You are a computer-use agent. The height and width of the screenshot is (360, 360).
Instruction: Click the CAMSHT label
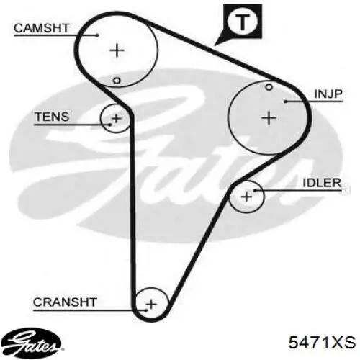(x=42, y=28)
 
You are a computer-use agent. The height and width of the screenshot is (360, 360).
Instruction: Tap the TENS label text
(x=52, y=117)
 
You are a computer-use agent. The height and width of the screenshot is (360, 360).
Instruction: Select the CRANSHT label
(x=65, y=302)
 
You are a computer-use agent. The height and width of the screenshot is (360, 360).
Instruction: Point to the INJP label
(x=328, y=94)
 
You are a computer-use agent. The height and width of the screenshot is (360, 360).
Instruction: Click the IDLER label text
(x=322, y=183)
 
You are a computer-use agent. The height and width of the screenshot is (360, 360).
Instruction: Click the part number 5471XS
(x=322, y=342)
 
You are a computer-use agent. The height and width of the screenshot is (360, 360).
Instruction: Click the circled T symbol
(x=243, y=22)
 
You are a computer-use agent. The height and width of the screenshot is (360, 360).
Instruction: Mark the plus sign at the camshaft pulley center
(x=117, y=50)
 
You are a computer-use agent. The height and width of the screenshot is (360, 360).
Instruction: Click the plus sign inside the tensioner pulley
(x=117, y=118)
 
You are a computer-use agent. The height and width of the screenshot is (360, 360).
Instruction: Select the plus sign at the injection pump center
(x=269, y=118)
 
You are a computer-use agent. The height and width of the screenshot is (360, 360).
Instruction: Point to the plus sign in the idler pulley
(x=247, y=197)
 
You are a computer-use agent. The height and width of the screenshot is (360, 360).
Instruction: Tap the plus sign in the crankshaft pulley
(x=151, y=305)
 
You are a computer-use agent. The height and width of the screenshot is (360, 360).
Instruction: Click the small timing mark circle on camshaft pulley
(x=117, y=81)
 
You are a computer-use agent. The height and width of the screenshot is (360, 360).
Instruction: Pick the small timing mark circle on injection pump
(x=269, y=87)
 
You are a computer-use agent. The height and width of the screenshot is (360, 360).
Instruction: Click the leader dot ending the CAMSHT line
(x=97, y=35)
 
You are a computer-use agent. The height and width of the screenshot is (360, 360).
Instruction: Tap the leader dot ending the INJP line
(x=286, y=102)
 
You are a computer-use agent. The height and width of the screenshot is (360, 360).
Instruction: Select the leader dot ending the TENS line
(x=110, y=125)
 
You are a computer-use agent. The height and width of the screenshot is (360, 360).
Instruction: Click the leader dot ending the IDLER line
(x=254, y=191)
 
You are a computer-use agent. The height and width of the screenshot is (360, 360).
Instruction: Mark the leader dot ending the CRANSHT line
(x=146, y=310)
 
